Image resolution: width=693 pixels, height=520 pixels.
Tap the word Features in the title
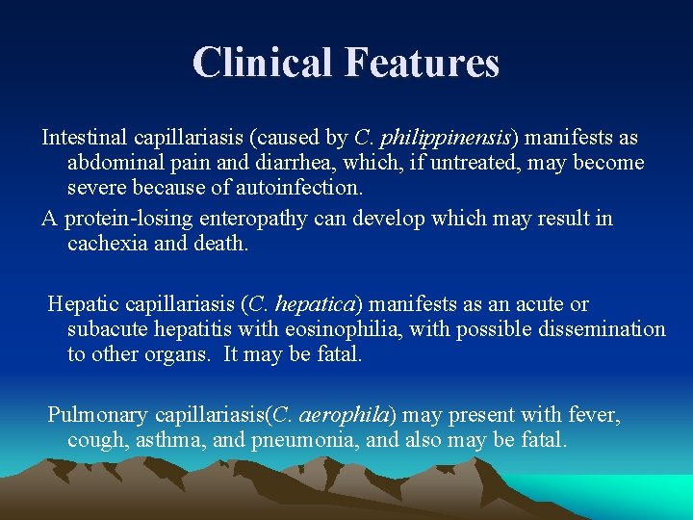coord(422,63)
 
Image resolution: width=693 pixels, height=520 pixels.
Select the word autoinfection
coord(311,188)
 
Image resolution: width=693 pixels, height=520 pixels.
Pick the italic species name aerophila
coord(346,415)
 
